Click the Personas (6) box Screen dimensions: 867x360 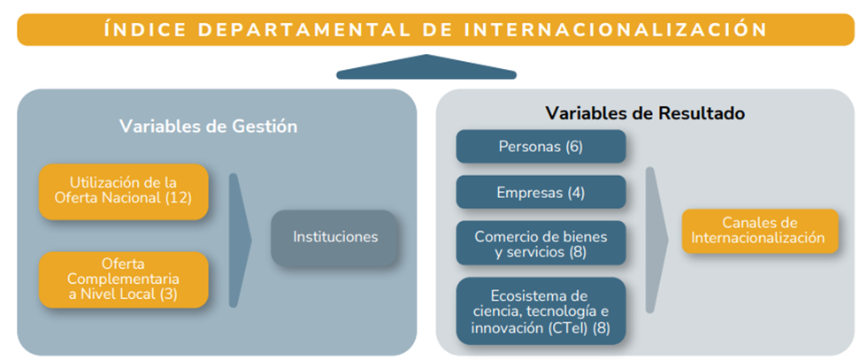click(x=541, y=147)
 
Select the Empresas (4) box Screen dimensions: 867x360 click(x=541, y=193)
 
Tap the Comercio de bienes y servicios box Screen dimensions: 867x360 click(x=541, y=243)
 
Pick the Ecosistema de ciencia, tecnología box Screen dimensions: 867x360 click(x=541, y=310)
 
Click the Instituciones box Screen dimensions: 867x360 click(x=334, y=237)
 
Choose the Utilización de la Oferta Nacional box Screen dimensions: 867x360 click(x=123, y=191)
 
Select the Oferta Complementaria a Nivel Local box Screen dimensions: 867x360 click(x=123, y=280)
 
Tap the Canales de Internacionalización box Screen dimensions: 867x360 click(x=760, y=231)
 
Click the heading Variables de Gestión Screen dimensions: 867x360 click(x=209, y=126)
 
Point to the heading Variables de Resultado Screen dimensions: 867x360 click(x=645, y=113)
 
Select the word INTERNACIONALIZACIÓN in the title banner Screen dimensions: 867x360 click(x=616, y=29)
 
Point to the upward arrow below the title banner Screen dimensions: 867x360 click(x=426, y=67)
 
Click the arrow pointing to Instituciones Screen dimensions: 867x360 click(x=239, y=240)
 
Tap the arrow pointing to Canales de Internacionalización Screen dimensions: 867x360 click(x=656, y=240)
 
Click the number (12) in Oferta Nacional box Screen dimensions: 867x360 click(x=178, y=198)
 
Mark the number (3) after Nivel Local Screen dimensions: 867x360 click(x=168, y=294)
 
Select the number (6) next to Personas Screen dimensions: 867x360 click(x=574, y=147)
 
